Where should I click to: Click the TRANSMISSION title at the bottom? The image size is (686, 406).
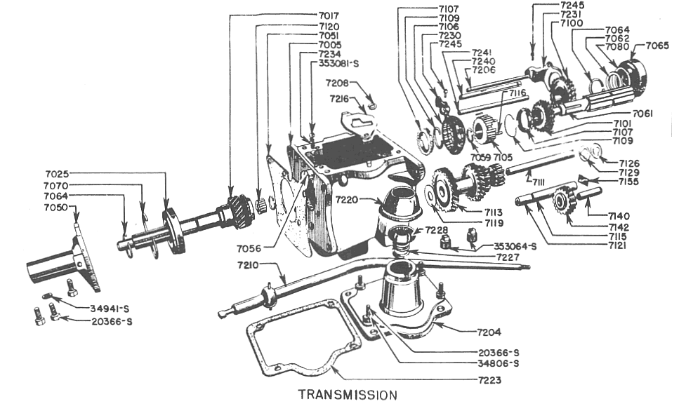(347, 394)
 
